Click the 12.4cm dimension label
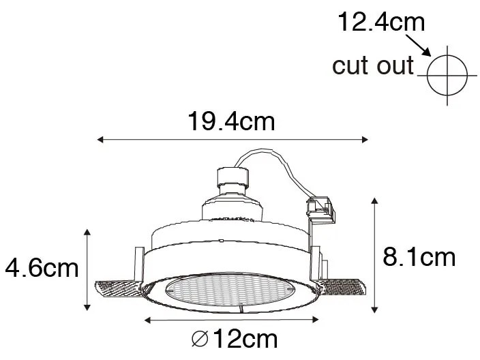(x=381, y=22)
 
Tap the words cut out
(x=372, y=66)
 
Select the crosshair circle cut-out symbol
(x=447, y=74)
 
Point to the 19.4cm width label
(x=231, y=123)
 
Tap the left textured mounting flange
(x=118, y=291)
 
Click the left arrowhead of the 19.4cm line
(x=101, y=140)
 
